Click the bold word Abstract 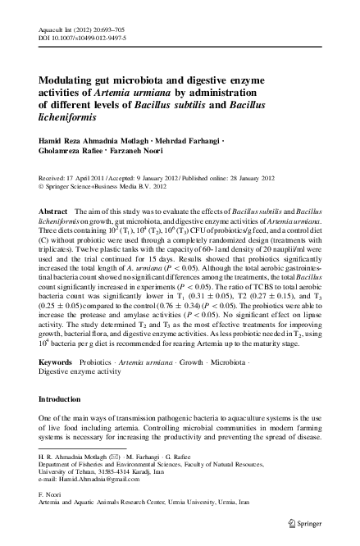click(53, 212)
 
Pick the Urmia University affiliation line click(150, 508)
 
